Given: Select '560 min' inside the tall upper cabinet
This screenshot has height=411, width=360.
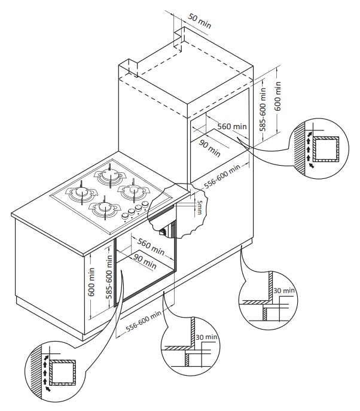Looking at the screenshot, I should point(231,127).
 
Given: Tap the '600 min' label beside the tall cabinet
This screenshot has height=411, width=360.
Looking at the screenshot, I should point(277,95).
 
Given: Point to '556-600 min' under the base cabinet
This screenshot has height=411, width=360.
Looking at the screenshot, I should point(143,323).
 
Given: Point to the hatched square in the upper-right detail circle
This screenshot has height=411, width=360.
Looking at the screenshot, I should point(326,150).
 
